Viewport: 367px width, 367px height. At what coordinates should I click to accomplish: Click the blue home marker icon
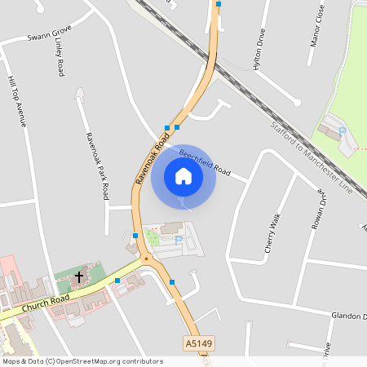coord(183,176)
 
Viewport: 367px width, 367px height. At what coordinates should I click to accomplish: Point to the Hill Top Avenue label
coord(16,102)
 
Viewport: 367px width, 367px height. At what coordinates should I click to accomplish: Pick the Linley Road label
coord(59,61)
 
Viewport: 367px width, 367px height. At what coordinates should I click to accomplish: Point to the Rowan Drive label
coord(318,210)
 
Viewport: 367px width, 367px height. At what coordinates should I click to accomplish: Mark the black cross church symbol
coord(79,277)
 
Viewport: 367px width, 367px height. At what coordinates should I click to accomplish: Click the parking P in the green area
coord(343,130)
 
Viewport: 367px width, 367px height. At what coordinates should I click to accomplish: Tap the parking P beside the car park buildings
coord(179,240)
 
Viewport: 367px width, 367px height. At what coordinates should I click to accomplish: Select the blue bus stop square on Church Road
coord(118,281)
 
